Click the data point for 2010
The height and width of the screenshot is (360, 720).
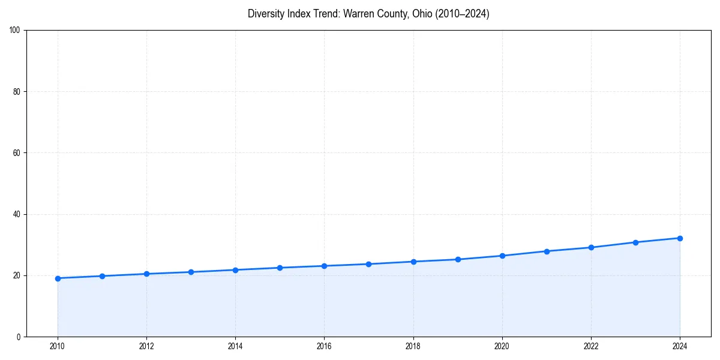pyautogui.click(x=58, y=278)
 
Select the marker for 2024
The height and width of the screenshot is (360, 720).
pyautogui.click(x=680, y=238)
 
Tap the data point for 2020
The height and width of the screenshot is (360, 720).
pyautogui.click(x=502, y=256)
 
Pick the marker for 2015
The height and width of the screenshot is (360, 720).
pyautogui.click(x=280, y=268)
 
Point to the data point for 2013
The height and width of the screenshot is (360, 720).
pyautogui.click(x=191, y=272)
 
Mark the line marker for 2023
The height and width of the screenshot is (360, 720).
pyautogui.click(x=635, y=242)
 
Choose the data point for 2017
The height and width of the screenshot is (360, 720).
pyautogui.click(x=368, y=264)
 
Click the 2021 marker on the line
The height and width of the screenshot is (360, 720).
pyautogui.click(x=547, y=251)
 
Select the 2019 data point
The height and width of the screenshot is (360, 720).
pyautogui.click(x=458, y=259)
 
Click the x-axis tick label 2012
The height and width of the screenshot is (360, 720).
pyautogui.click(x=146, y=346)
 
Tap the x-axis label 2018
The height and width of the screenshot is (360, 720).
pyautogui.click(x=413, y=346)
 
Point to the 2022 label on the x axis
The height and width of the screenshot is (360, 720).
pyautogui.click(x=591, y=346)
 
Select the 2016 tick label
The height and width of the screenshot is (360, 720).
pyautogui.click(x=324, y=346)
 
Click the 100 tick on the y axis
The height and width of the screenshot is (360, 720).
pyautogui.click(x=15, y=31)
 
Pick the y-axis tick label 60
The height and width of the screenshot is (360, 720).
pyautogui.click(x=17, y=153)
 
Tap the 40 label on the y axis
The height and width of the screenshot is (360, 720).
pyautogui.click(x=17, y=214)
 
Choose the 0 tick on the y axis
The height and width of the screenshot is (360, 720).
pyautogui.click(x=19, y=337)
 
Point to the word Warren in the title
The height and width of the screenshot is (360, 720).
pyautogui.click(x=358, y=14)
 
